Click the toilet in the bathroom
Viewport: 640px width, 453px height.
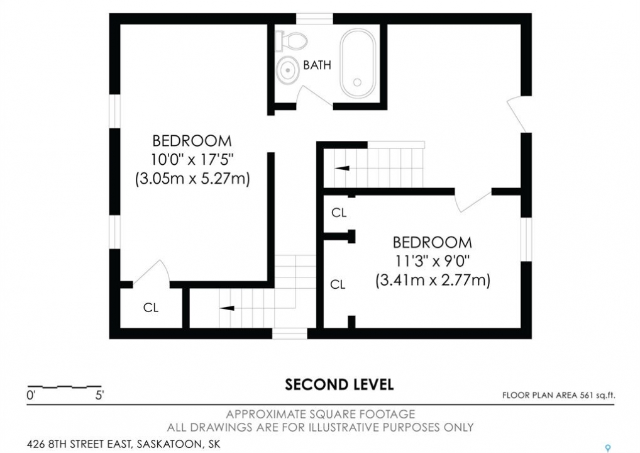click(x=290, y=41)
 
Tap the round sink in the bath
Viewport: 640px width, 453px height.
click(x=288, y=70)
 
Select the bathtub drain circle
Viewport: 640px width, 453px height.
click(x=358, y=82)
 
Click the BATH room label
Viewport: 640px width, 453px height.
click(x=317, y=65)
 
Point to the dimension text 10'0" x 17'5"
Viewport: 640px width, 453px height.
click(x=192, y=159)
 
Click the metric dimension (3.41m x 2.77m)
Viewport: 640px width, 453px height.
click(x=433, y=280)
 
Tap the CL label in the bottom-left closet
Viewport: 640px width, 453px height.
click(x=151, y=308)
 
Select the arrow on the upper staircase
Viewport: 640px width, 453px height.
click(x=342, y=168)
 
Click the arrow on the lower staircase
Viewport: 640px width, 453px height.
click(x=226, y=308)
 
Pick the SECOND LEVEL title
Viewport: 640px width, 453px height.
click(x=339, y=384)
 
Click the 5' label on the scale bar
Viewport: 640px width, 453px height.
click(x=99, y=395)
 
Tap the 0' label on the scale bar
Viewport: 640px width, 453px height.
click(x=31, y=395)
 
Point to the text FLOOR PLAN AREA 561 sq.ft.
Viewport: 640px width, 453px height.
click(x=558, y=395)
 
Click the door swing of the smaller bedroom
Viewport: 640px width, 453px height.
click(x=473, y=201)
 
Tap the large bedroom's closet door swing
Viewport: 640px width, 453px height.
click(x=152, y=272)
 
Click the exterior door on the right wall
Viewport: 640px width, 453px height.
click(x=516, y=115)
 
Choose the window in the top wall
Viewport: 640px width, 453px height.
click(x=314, y=19)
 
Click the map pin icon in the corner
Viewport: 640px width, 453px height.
click(x=608, y=448)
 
